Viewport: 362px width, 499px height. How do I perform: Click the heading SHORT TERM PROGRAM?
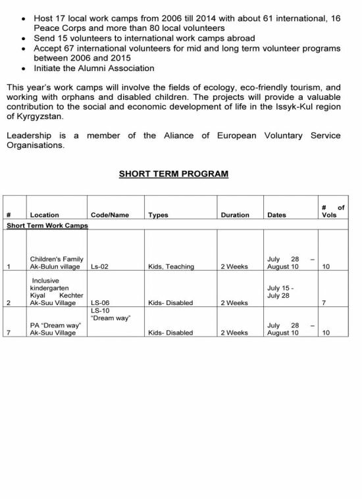[x=173, y=175]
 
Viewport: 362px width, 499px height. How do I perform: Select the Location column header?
[x=44, y=215]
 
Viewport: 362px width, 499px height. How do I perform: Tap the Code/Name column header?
[x=109, y=215]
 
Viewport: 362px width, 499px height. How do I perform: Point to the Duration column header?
[x=235, y=215]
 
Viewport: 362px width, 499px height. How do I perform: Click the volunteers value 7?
[x=323, y=303]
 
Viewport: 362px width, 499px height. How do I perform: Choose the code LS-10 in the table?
[x=100, y=311]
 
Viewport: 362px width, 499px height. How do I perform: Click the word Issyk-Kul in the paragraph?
[x=293, y=107]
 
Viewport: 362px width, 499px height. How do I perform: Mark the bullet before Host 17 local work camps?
[x=24, y=20]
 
